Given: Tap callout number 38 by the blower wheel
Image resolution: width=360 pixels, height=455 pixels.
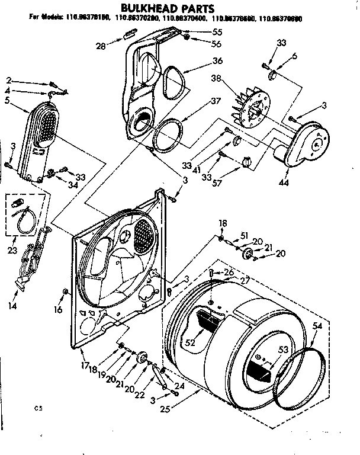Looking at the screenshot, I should (214, 77).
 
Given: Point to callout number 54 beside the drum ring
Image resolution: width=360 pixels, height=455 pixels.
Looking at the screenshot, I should (317, 326).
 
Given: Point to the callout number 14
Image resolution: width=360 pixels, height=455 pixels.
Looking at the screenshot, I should (13, 306).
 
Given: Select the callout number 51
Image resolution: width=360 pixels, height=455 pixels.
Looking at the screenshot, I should (243, 235).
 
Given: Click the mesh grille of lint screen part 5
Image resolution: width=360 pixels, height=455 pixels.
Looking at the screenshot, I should (46, 125).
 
